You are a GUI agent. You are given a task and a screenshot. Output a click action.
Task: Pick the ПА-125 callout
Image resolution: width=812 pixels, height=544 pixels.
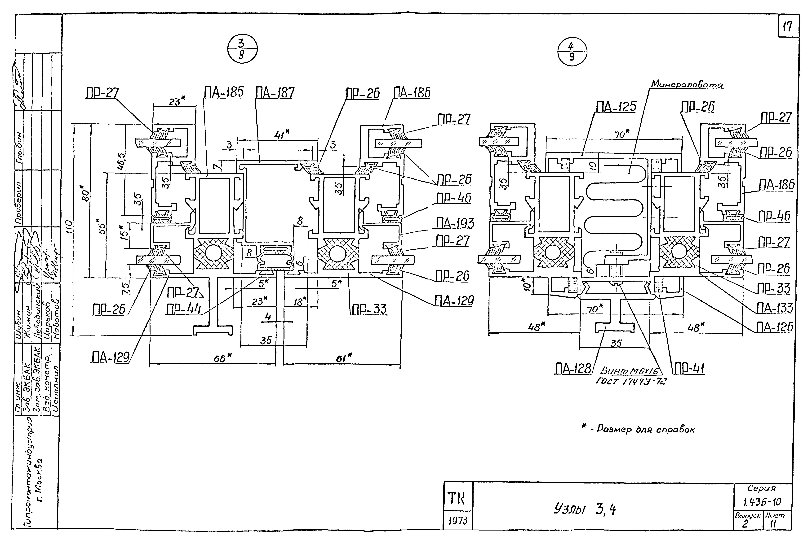pos(616,107)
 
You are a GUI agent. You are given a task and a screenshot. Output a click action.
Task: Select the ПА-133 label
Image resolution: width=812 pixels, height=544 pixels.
pos(775,308)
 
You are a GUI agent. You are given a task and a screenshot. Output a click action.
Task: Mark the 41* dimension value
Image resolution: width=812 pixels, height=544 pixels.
pos(282,134)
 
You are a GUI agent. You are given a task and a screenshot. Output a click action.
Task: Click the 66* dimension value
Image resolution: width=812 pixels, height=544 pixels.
pos(222,358)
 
